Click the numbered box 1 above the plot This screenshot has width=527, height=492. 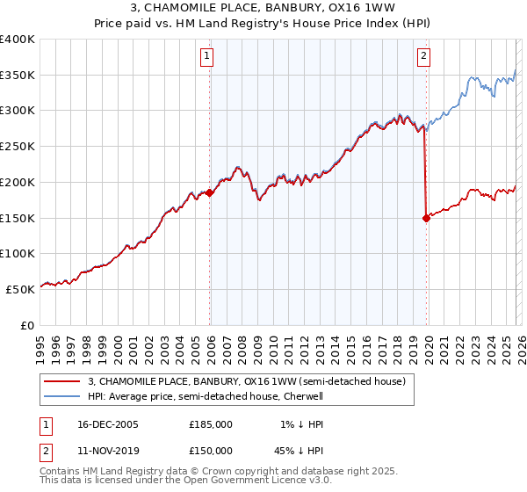207,57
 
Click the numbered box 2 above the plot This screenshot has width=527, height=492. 423,57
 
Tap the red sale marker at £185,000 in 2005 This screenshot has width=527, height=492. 210,192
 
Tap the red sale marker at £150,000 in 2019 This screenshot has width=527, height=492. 426,218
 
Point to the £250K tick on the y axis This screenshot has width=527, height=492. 18,147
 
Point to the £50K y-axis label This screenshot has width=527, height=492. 20,289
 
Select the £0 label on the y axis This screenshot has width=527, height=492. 27,325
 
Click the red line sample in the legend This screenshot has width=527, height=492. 62,381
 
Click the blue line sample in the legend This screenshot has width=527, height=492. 62,396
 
